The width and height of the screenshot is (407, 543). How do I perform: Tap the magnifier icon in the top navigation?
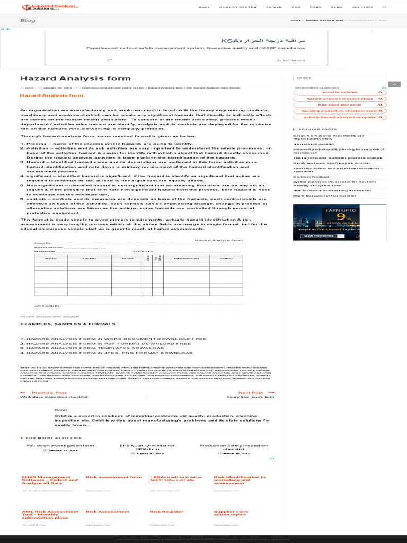[384, 7]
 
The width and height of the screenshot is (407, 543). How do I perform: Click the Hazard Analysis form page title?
[75, 78]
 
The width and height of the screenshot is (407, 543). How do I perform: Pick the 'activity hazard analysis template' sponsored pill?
[340, 117]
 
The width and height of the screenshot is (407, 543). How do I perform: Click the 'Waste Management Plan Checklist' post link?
[324, 196]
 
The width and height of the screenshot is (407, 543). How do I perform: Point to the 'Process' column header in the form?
[51, 258]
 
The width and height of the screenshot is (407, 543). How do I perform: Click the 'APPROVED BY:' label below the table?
[48, 306]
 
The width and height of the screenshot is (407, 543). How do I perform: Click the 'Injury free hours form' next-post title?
[251, 397]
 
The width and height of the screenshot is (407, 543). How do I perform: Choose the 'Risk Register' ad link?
[159, 512]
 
